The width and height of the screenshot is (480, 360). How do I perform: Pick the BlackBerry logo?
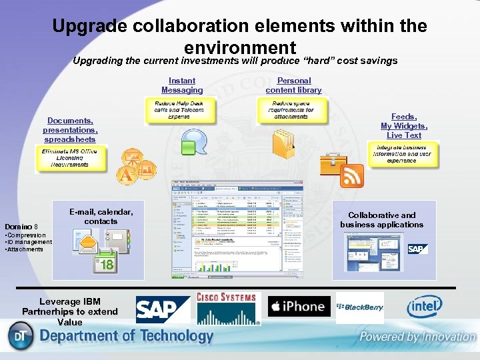coord(360,307)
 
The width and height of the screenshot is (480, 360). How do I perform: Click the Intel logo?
coord(424,307)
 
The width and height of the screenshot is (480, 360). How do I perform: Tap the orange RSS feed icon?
coord(351,176)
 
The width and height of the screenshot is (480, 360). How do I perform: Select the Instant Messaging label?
coord(182,85)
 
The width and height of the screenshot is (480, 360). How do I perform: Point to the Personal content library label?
coord(293,85)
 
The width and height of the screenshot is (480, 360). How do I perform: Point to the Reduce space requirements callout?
coord(293,111)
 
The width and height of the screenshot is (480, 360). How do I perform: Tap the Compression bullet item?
coord(26,235)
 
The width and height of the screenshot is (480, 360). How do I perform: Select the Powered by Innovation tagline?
coord(417,337)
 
